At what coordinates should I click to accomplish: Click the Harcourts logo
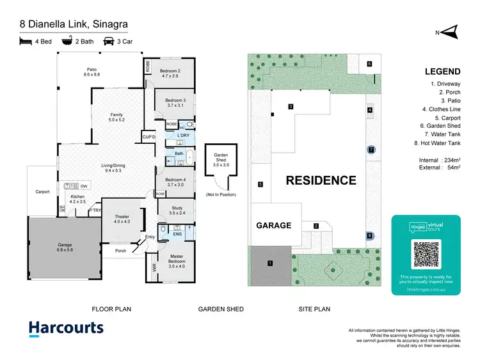pyautogui.click(x=66, y=329)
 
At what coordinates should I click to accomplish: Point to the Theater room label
pyautogui.click(x=122, y=219)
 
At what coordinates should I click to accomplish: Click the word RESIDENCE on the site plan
pyautogui.click(x=321, y=180)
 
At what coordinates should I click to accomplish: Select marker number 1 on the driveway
pyautogui.click(x=269, y=263)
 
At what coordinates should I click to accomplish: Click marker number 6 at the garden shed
pyautogui.click(x=369, y=64)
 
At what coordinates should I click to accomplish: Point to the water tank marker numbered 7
pyautogui.click(x=371, y=150)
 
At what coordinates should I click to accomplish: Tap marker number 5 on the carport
pyautogui.click(x=260, y=185)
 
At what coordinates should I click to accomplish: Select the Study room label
pyautogui.click(x=177, y=210)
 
